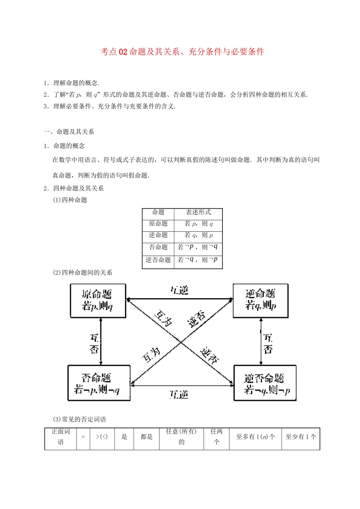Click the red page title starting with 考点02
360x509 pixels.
pos(182,52)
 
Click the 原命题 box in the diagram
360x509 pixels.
pos(98,300)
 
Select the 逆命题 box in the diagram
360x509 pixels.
pos(260,300)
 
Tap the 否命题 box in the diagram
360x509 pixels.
pos(99,383)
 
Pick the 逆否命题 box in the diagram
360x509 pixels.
pos(265,383)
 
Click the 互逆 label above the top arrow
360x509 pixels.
pos(179,290)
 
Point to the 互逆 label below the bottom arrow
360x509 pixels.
pos(179,395)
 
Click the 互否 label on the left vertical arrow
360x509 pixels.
pos(94,343)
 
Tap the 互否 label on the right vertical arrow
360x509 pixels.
pos(268,343)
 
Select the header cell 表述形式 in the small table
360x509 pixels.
pos(198,212)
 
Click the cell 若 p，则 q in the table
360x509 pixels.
pos(199,224)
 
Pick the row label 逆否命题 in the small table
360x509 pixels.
pos(158,260)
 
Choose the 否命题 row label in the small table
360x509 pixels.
pos(158,247)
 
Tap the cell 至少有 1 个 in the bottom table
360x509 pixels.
pos(301,437)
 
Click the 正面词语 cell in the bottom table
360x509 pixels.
pos(61,437)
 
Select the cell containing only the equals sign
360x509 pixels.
pos(83,437)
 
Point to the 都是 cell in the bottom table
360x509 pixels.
pos(146,437)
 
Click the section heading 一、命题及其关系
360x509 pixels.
pos(69,132)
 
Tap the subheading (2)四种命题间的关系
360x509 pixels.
pos(83,273)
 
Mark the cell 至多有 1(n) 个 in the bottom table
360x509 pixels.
pos(255,437)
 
